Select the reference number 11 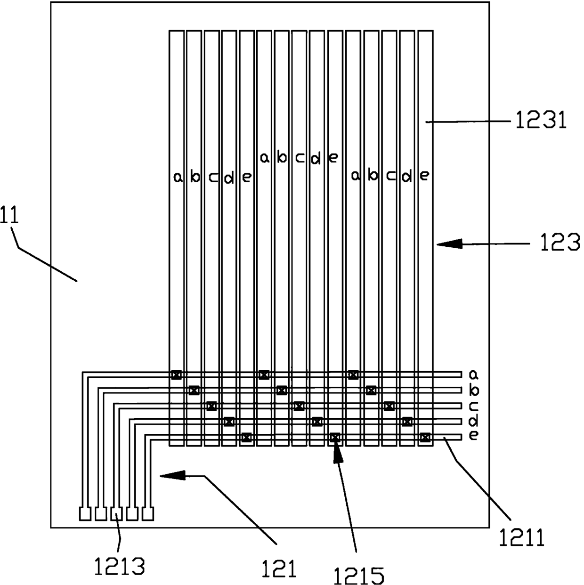pyautogui.click(x=9, y=215)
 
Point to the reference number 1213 pyautogui.click(x=119, y=566)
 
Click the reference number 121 pyautogui.click(x=279, y=569)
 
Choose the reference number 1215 pyautogui.click(x=359, y=576)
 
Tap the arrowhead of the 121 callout pyautogui.click(x=172, y=475)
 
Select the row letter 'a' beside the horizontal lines pyautogui.click(x=474, y=375)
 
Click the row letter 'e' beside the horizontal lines pyautogui.click(x=474, y=436)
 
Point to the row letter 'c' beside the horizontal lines pyautogui.click(x=474, y=406)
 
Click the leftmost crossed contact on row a pyautogui.click(x=177, y=375)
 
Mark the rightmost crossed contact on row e pyautogui.click(x=425, y=438)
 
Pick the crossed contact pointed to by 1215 pyautogui.click(x=335, y=438)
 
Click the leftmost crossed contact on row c pyautogui.click(x=211, y=406)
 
